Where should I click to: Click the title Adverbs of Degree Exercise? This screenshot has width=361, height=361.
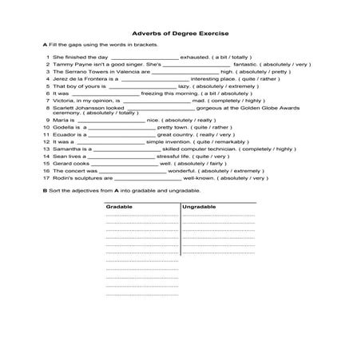point(180,30)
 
